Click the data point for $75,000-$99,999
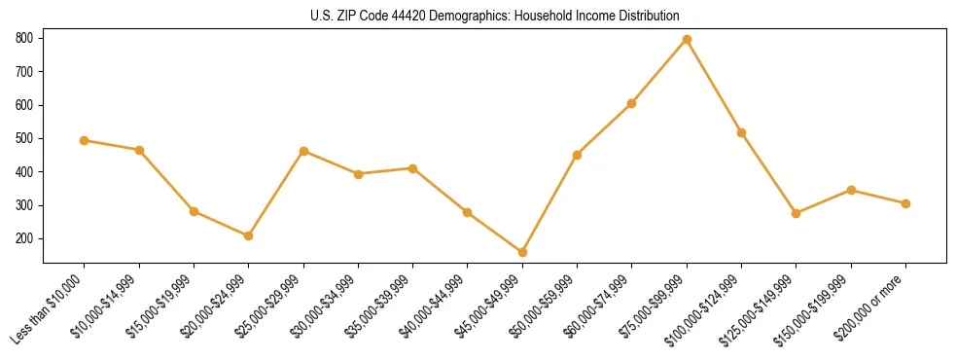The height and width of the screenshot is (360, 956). point(687,39)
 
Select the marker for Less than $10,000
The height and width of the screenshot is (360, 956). point(85,140)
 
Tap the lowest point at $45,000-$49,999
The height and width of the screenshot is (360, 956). point(522,252)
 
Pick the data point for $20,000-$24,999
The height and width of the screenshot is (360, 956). point(249,235)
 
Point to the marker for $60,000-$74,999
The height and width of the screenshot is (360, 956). point(632,103)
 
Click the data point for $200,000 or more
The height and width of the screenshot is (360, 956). point(905,203)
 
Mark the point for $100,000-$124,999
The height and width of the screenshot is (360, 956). point(741,132)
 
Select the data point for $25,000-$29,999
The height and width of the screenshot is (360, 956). point(303,151)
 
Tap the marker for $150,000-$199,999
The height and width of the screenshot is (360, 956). point(851,190)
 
